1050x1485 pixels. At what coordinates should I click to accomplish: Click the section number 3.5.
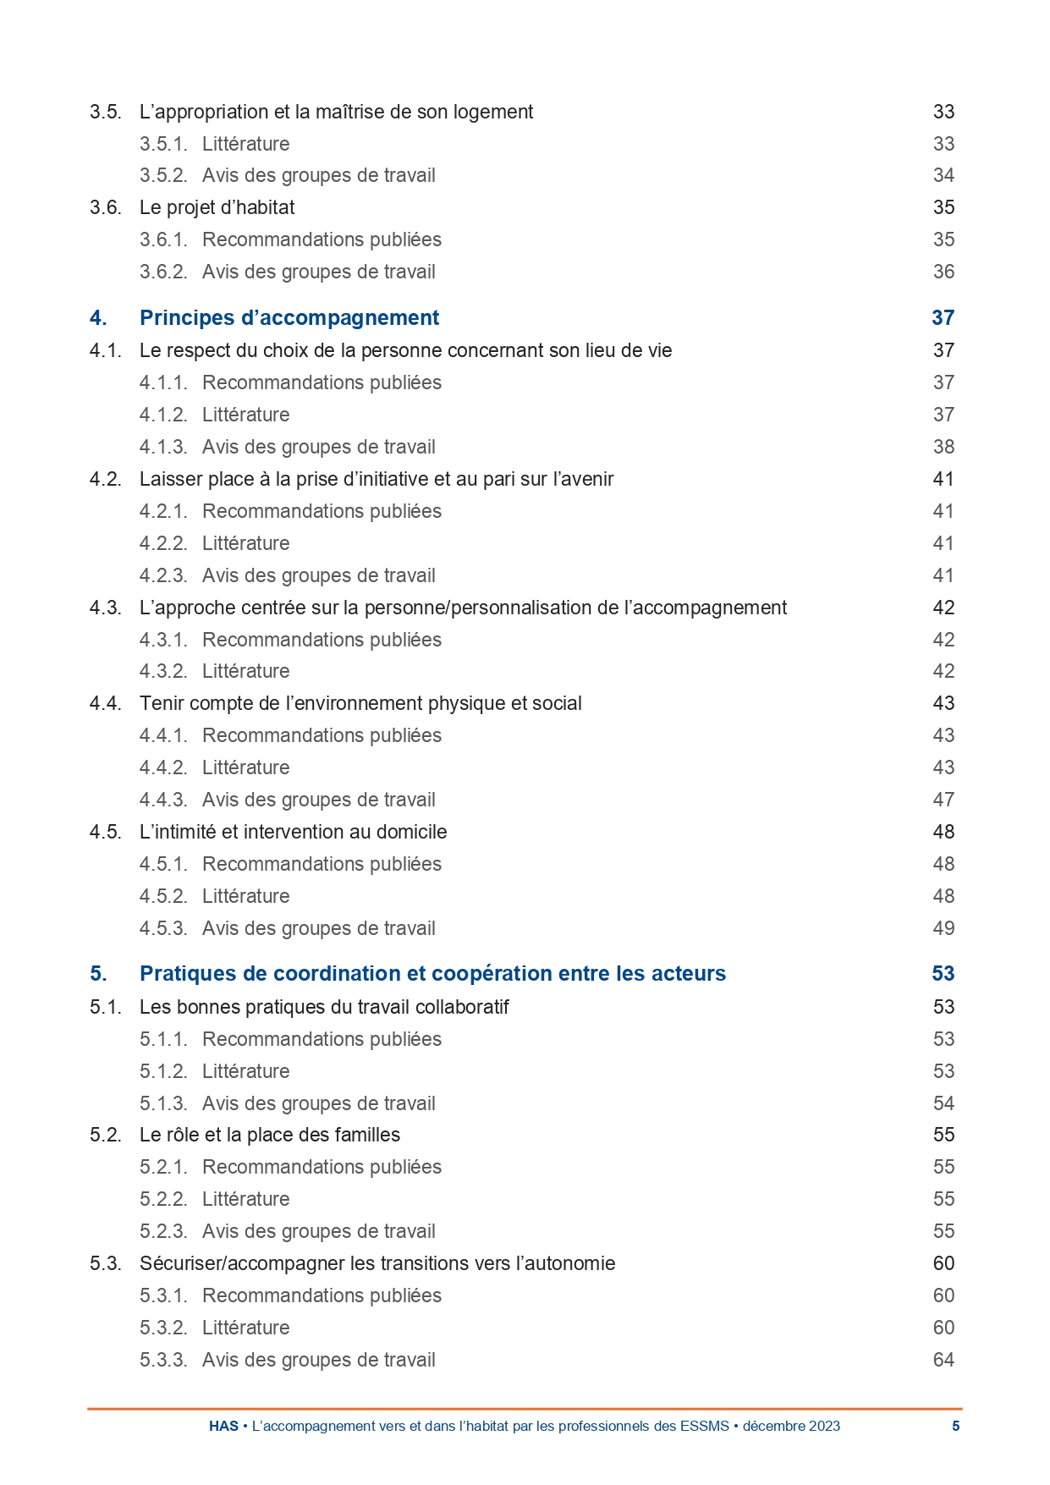pos(105,112)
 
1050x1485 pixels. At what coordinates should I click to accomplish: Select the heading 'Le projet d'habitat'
pos(217,207)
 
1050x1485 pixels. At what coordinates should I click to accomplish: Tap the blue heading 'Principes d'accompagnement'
pos(289,318)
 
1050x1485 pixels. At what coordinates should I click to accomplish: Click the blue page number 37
pos(943,318)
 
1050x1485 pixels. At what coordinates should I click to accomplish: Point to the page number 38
pos(943,447)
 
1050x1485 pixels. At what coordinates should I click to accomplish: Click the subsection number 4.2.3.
pos(163,575)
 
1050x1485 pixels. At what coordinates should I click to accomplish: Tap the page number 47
pos(943,800)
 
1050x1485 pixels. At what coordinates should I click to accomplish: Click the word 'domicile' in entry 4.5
pos(412,832)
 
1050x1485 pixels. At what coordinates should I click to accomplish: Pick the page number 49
pos(943,928)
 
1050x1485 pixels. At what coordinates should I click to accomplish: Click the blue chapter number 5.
pos(98,974)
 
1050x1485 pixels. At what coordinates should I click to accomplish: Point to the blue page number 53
pos(943,974)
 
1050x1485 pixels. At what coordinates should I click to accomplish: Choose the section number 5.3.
pos(105,1263)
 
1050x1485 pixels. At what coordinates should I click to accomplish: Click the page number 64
pos(943,1360)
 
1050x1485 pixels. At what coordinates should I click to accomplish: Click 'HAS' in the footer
pos(223,1426)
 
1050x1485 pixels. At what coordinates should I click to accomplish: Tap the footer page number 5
pos(956,1426)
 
